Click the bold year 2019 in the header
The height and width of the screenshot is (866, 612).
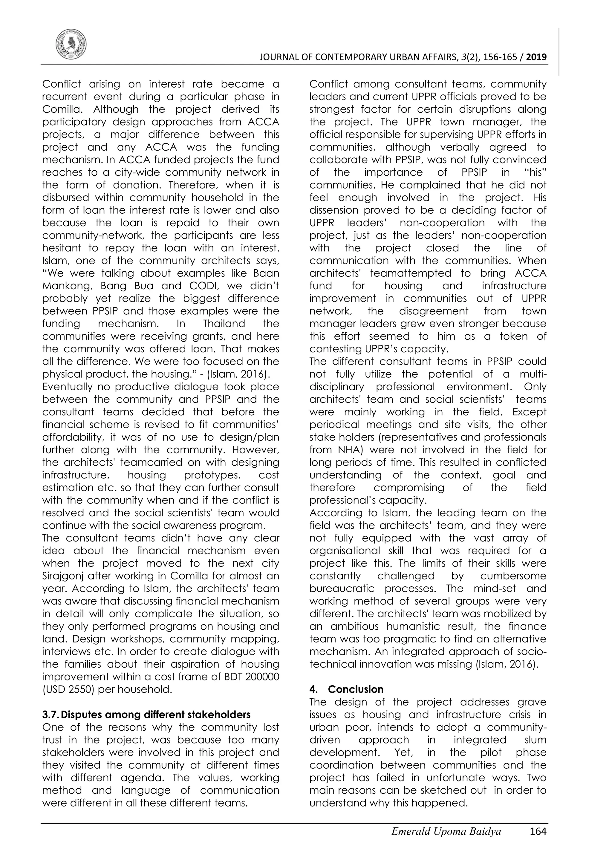coord(536,57)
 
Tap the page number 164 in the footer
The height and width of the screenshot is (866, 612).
coord(538,842)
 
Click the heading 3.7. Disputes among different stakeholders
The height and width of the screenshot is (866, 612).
coord(146,715)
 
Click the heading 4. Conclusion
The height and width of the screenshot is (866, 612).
coord(346,689)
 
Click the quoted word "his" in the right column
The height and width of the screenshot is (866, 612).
coord(534,172)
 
